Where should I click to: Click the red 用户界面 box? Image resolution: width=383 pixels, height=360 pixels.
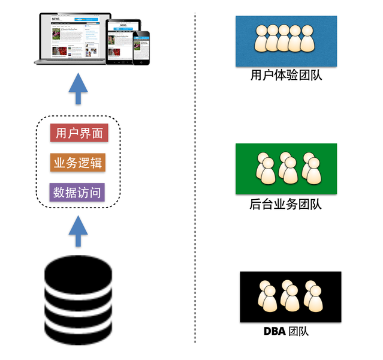tap(79, 133)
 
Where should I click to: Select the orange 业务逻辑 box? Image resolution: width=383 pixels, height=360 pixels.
tap(79, 163)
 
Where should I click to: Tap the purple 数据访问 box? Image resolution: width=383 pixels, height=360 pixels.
tap(78, 193)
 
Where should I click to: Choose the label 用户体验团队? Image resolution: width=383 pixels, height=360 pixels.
tap(286, 76)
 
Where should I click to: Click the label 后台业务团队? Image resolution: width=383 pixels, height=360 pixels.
tap(285, 204)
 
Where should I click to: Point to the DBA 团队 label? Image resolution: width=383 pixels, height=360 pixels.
tap(286, 331)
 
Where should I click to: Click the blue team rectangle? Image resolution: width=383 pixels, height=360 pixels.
tap(285, 41)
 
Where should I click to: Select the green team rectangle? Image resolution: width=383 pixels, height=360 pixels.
tap(286, 169)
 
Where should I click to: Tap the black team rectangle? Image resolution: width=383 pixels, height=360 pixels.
tap(290, 297)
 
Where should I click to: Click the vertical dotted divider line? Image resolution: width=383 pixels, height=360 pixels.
tap(195, 180)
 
